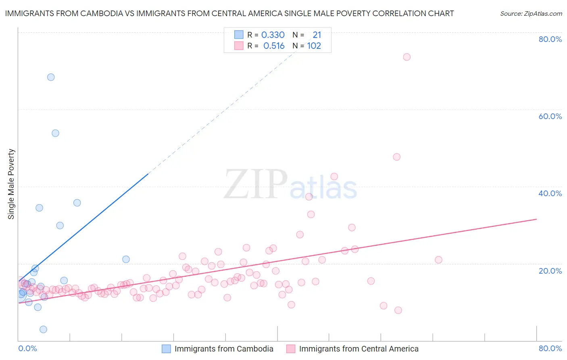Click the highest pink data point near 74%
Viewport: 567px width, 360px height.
406,57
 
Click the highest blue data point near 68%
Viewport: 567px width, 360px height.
51,77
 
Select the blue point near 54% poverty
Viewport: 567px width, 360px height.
56,133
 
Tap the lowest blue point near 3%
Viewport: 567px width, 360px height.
44,329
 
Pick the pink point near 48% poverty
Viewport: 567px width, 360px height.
396,157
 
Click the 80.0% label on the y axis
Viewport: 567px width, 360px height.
550,39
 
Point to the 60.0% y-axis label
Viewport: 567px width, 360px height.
550,116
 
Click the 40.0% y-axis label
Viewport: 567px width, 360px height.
550,193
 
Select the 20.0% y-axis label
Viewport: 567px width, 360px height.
550,270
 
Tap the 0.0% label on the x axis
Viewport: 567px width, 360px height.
27,348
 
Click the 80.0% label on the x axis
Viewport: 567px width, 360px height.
550,348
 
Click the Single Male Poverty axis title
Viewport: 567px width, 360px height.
11,184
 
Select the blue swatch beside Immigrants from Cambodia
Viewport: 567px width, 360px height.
166,349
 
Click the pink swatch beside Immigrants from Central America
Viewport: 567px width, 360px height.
291,349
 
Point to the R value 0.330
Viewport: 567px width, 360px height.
273,35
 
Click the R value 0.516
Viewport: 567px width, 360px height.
274,46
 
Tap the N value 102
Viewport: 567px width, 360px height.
314,46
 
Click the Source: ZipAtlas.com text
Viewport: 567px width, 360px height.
531,14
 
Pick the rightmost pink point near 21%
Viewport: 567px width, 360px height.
438,260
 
